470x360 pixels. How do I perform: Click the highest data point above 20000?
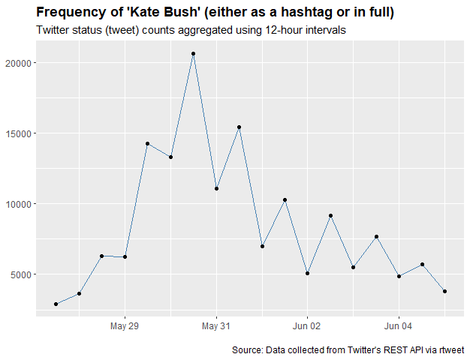click(193, 54)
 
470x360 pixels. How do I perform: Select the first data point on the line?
click(56, 304)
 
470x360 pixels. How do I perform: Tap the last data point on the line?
click(445, 292)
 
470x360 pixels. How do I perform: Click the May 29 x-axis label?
click(125, 326)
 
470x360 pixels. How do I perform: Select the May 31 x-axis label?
click(216, 326)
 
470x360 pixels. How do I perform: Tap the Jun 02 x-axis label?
click(307, 326)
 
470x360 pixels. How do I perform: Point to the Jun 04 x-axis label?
click(399, 326)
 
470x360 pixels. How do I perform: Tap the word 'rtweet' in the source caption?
click(450, 349)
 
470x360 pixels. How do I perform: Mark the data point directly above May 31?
click(216, 188)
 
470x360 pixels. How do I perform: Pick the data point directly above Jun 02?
click(307, 274)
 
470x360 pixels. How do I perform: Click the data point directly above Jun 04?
click(399, 276)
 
